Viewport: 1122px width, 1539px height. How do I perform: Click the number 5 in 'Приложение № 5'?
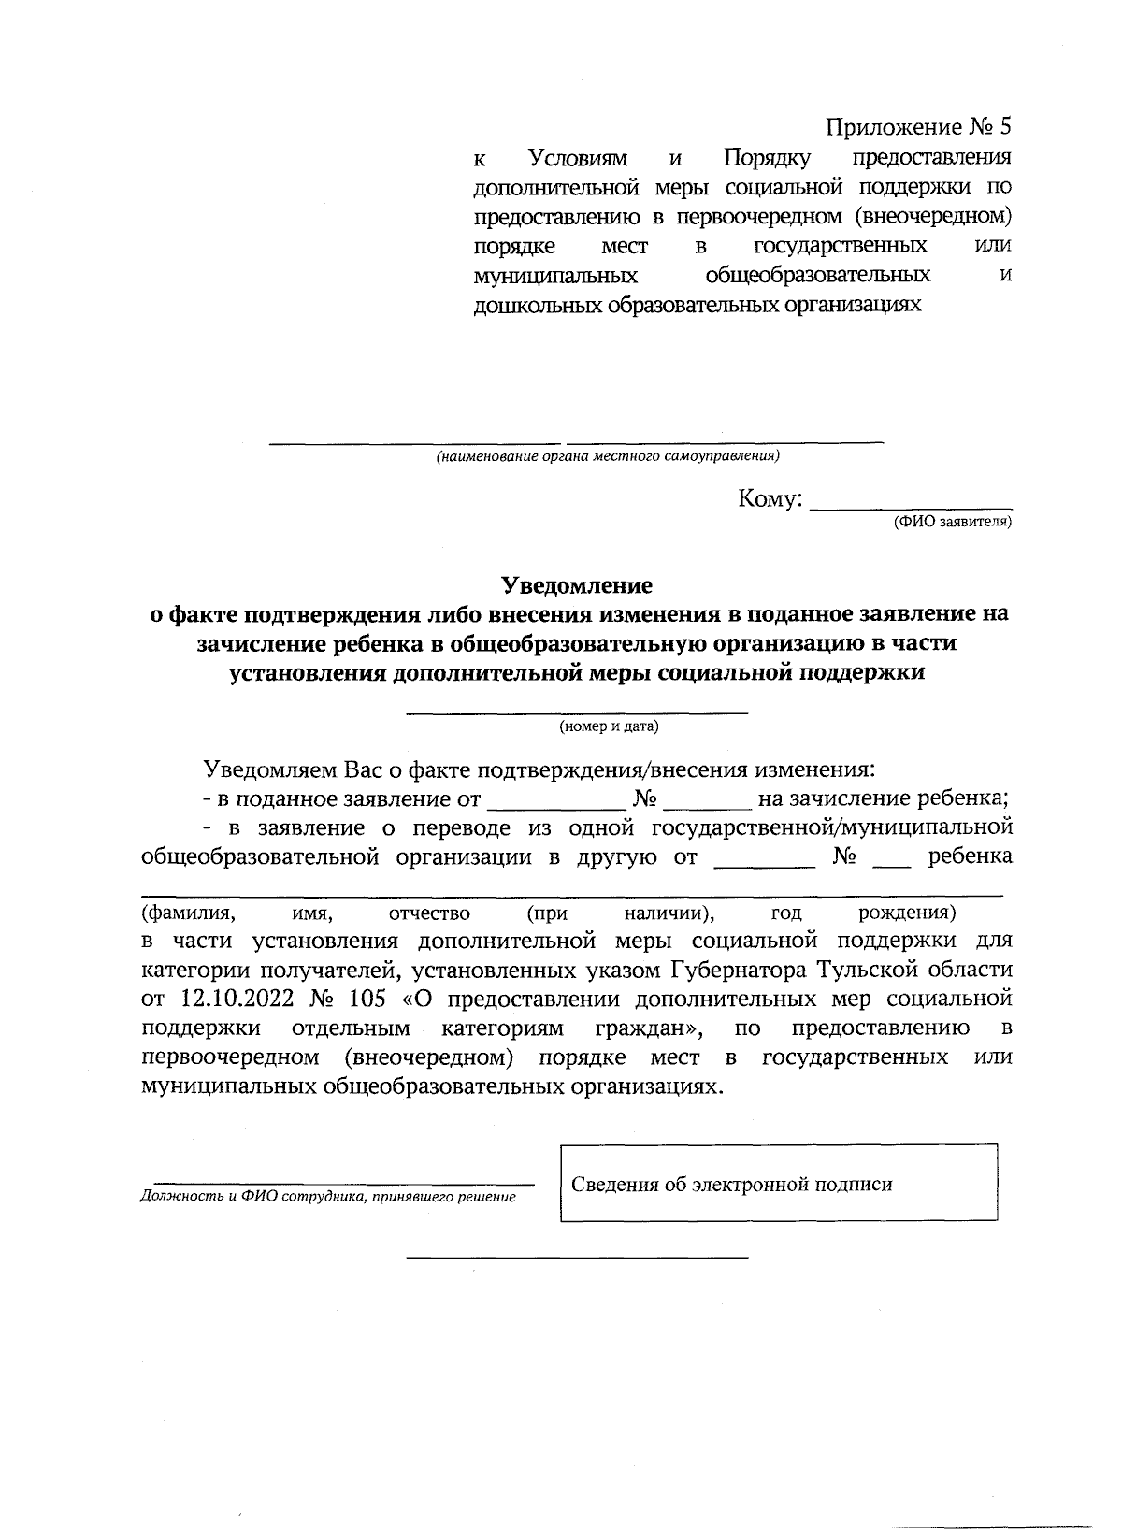[x=1005, y=127]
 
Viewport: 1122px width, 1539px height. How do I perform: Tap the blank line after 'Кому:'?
[x=910, y=505]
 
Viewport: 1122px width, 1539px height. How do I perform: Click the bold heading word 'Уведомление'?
[x=577, y=585]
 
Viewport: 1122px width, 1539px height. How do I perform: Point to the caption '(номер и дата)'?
[x=609, y=726]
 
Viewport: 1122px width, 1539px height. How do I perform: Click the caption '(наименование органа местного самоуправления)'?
[x=608, y=457]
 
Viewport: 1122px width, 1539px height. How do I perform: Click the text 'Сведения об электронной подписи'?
[x=732, y=1185]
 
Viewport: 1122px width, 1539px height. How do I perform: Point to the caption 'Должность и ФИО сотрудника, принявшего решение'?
[x=327, y=1197]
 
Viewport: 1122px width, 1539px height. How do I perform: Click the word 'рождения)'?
[x=906, y=913]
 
